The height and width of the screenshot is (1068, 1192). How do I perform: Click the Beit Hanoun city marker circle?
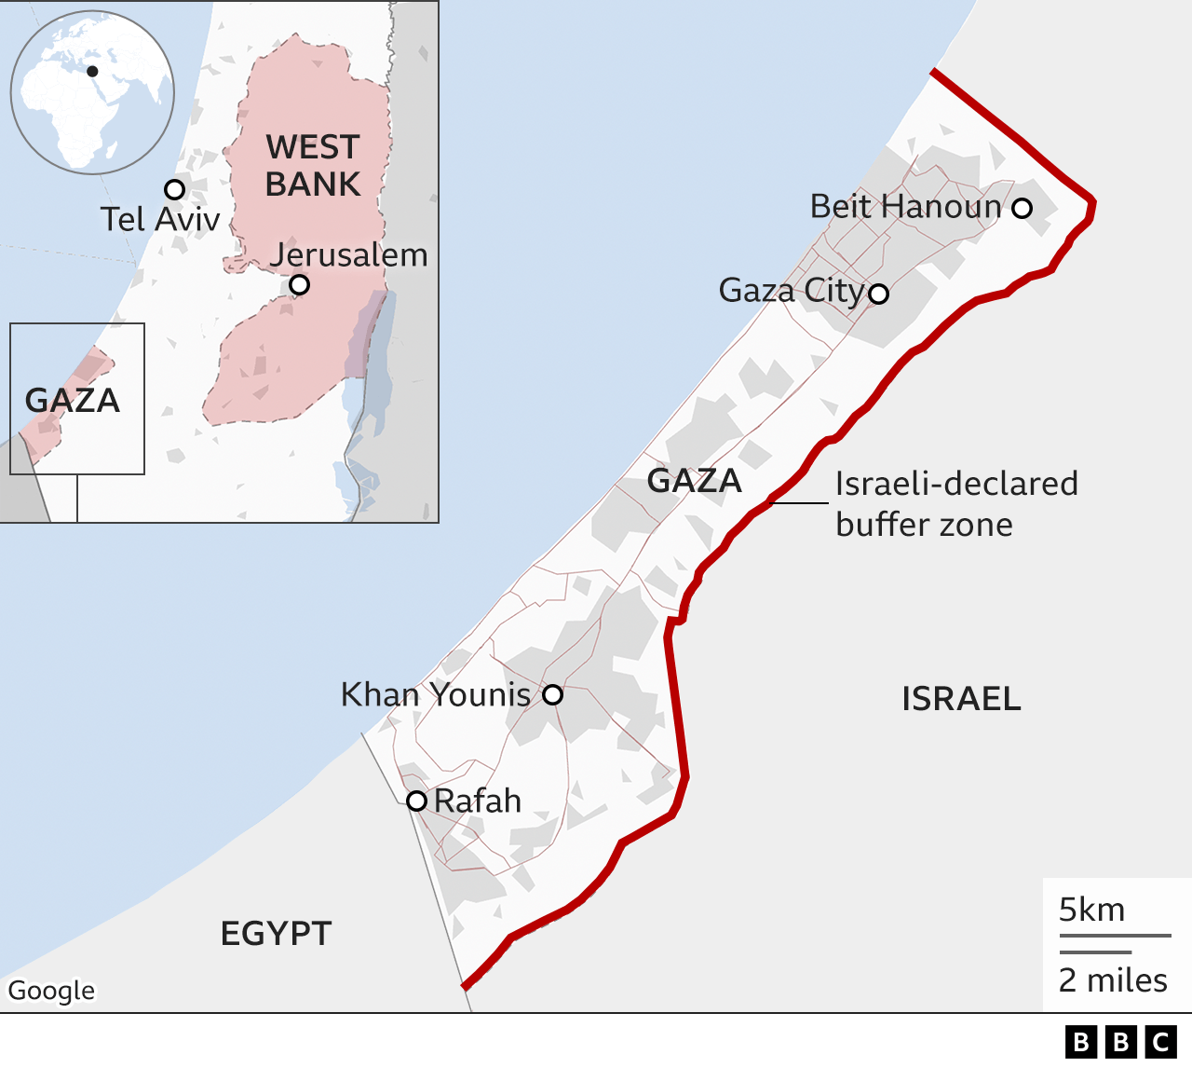(1022, 208)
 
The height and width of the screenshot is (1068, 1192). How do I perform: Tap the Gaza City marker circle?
(878, 294)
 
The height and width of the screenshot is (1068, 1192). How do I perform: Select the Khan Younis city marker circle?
(552, 694)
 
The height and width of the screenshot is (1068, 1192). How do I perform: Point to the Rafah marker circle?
(416, 801)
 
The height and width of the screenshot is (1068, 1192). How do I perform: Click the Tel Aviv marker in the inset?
(174, 190)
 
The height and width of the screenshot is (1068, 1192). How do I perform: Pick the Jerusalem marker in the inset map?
(299, 284)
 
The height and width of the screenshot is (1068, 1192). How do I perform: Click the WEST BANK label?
(313, 166)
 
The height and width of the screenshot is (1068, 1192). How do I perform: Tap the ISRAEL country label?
(961, 699)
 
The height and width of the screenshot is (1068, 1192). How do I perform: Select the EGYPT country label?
(276, 933)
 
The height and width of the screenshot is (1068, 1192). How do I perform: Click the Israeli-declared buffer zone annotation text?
(956, 503)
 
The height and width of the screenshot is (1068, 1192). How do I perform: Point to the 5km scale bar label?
(1091, 910)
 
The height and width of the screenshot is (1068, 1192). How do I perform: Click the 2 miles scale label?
(1113, 980)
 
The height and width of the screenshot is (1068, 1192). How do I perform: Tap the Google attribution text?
(52, 990)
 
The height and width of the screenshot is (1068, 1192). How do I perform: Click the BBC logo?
(1120, 1041)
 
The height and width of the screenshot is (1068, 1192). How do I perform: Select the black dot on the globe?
(92, 71)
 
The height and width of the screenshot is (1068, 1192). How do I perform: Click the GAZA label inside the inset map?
(73, 401)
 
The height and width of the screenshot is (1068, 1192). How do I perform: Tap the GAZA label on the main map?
(695, 481)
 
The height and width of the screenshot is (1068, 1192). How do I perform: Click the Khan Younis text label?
(436, 694)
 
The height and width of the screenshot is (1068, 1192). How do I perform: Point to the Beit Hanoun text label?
(905, 206)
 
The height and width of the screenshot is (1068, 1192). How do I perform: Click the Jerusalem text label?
(349, 254)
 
